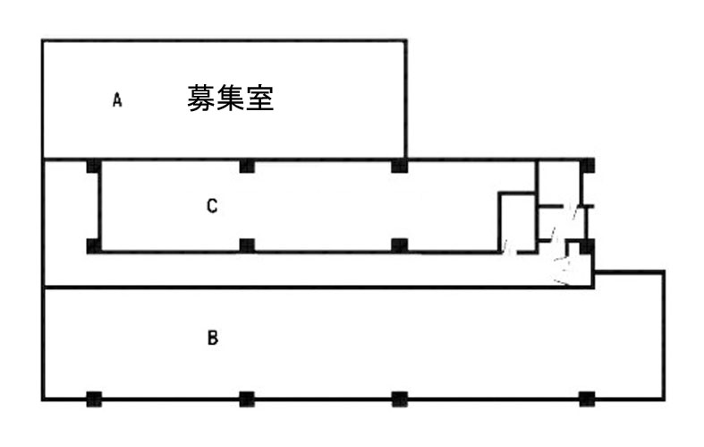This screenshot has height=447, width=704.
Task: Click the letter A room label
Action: click(x=116, y=100)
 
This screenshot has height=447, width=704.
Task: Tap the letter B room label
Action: click(x=212, y=339)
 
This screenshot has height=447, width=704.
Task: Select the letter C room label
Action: click(x=212, y=207)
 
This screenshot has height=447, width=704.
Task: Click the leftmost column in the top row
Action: click(x=93, y=166)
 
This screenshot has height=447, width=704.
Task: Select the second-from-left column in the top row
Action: click(x=248, y=166)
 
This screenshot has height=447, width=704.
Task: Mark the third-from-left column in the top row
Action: click(x=400, y=166)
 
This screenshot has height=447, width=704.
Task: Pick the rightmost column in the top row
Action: click(x=588, y=166)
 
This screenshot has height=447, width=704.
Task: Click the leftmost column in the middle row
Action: click(x=93, y=245)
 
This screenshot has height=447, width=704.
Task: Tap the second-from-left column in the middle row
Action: click(x=248, y=245)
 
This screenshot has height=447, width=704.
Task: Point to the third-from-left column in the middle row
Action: click(x=400, y=245)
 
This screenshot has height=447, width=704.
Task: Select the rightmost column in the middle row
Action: click(x=587, y=245)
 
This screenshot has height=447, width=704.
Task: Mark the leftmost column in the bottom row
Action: click(x=93, y=399)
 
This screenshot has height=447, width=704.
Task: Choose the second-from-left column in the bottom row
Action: click(x=248, y=399)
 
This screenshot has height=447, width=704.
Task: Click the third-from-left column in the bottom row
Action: click(x=400, y=399)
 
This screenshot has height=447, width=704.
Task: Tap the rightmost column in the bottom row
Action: click(x=588, y=399)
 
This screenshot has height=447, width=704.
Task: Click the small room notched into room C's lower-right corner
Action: click(x=517, y=222)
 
